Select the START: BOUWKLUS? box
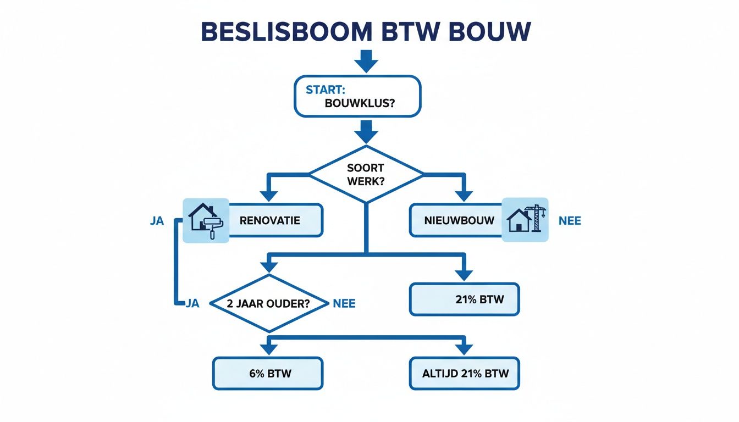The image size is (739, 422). point(357,96)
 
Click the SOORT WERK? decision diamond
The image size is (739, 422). point(366,174)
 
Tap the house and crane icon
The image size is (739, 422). point(526,220)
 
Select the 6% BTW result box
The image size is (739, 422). point(268,374)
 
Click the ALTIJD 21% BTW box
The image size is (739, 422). point(464,374)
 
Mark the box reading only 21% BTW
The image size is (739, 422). point(464,299)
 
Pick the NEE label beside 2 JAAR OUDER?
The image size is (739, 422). point(344,303)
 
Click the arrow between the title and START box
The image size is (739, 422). point(366,61)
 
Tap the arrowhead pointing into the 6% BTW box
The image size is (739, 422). point(268,348)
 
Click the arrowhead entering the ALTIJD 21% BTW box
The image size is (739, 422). point(464,348)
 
